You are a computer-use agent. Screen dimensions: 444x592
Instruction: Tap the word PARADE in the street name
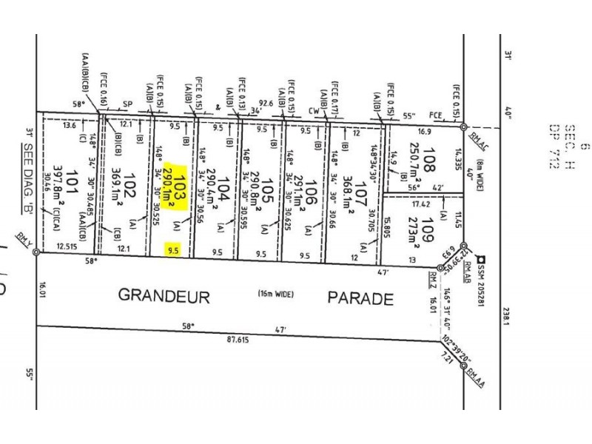(x=360, y=298)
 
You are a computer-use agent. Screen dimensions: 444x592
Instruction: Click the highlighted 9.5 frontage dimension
(x=175, y=251)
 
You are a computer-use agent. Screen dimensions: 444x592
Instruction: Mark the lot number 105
(x=270, y=190)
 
